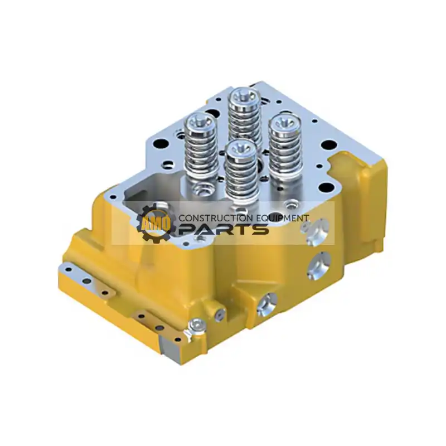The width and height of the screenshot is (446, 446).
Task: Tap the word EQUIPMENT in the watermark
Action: (286, 218)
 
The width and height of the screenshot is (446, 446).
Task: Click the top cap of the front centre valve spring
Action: (241, 148)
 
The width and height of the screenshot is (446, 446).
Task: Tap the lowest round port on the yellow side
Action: (266, 301)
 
